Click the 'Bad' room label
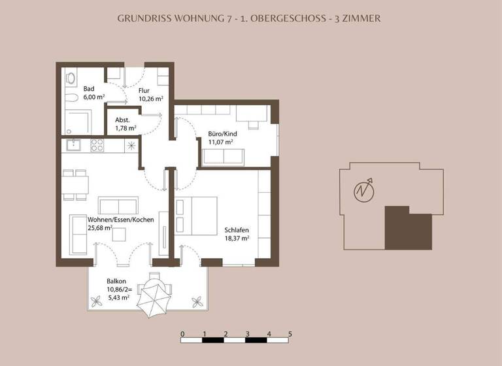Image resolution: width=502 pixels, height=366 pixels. tap(89, 88)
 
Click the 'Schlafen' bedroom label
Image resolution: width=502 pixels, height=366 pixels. tap(236, 231)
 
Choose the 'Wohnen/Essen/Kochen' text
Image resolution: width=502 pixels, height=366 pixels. tap(112, 220)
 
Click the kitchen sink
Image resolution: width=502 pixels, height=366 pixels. tap(73, 144)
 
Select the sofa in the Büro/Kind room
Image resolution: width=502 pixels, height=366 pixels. tap(223, 156)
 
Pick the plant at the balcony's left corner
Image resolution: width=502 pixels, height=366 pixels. tap(97, 301)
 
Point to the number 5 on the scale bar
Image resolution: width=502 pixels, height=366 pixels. tap(290, 333)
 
